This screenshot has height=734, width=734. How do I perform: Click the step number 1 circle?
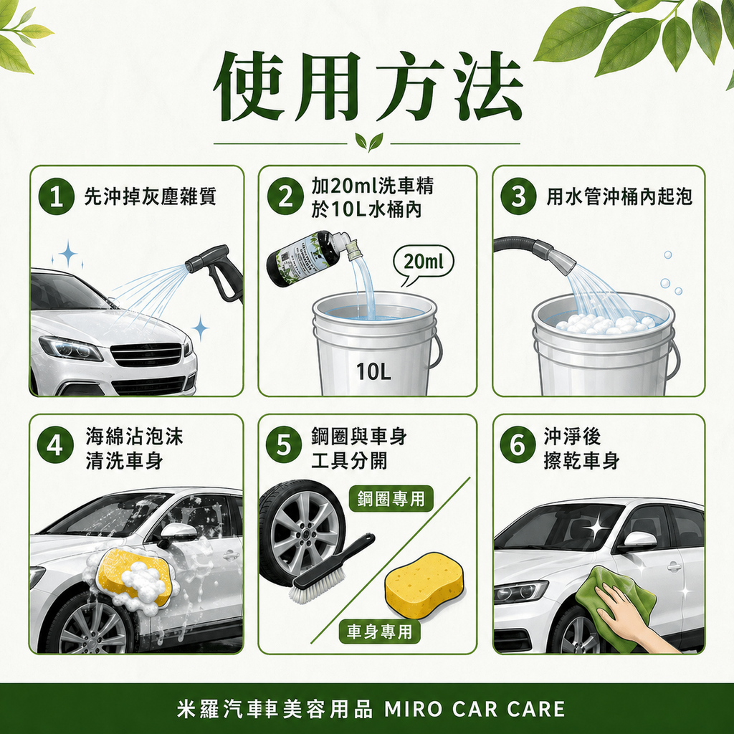[59, 196]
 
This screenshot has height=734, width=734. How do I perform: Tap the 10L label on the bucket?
[374, 371]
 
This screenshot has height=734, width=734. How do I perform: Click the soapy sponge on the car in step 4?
[135, 576]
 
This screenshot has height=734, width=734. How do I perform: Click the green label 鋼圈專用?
[391, 499]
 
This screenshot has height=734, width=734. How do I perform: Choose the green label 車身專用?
[379, 631]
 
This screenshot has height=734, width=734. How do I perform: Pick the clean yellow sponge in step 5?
[424, 585]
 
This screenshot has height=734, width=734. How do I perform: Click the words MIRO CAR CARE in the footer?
[475, 710]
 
